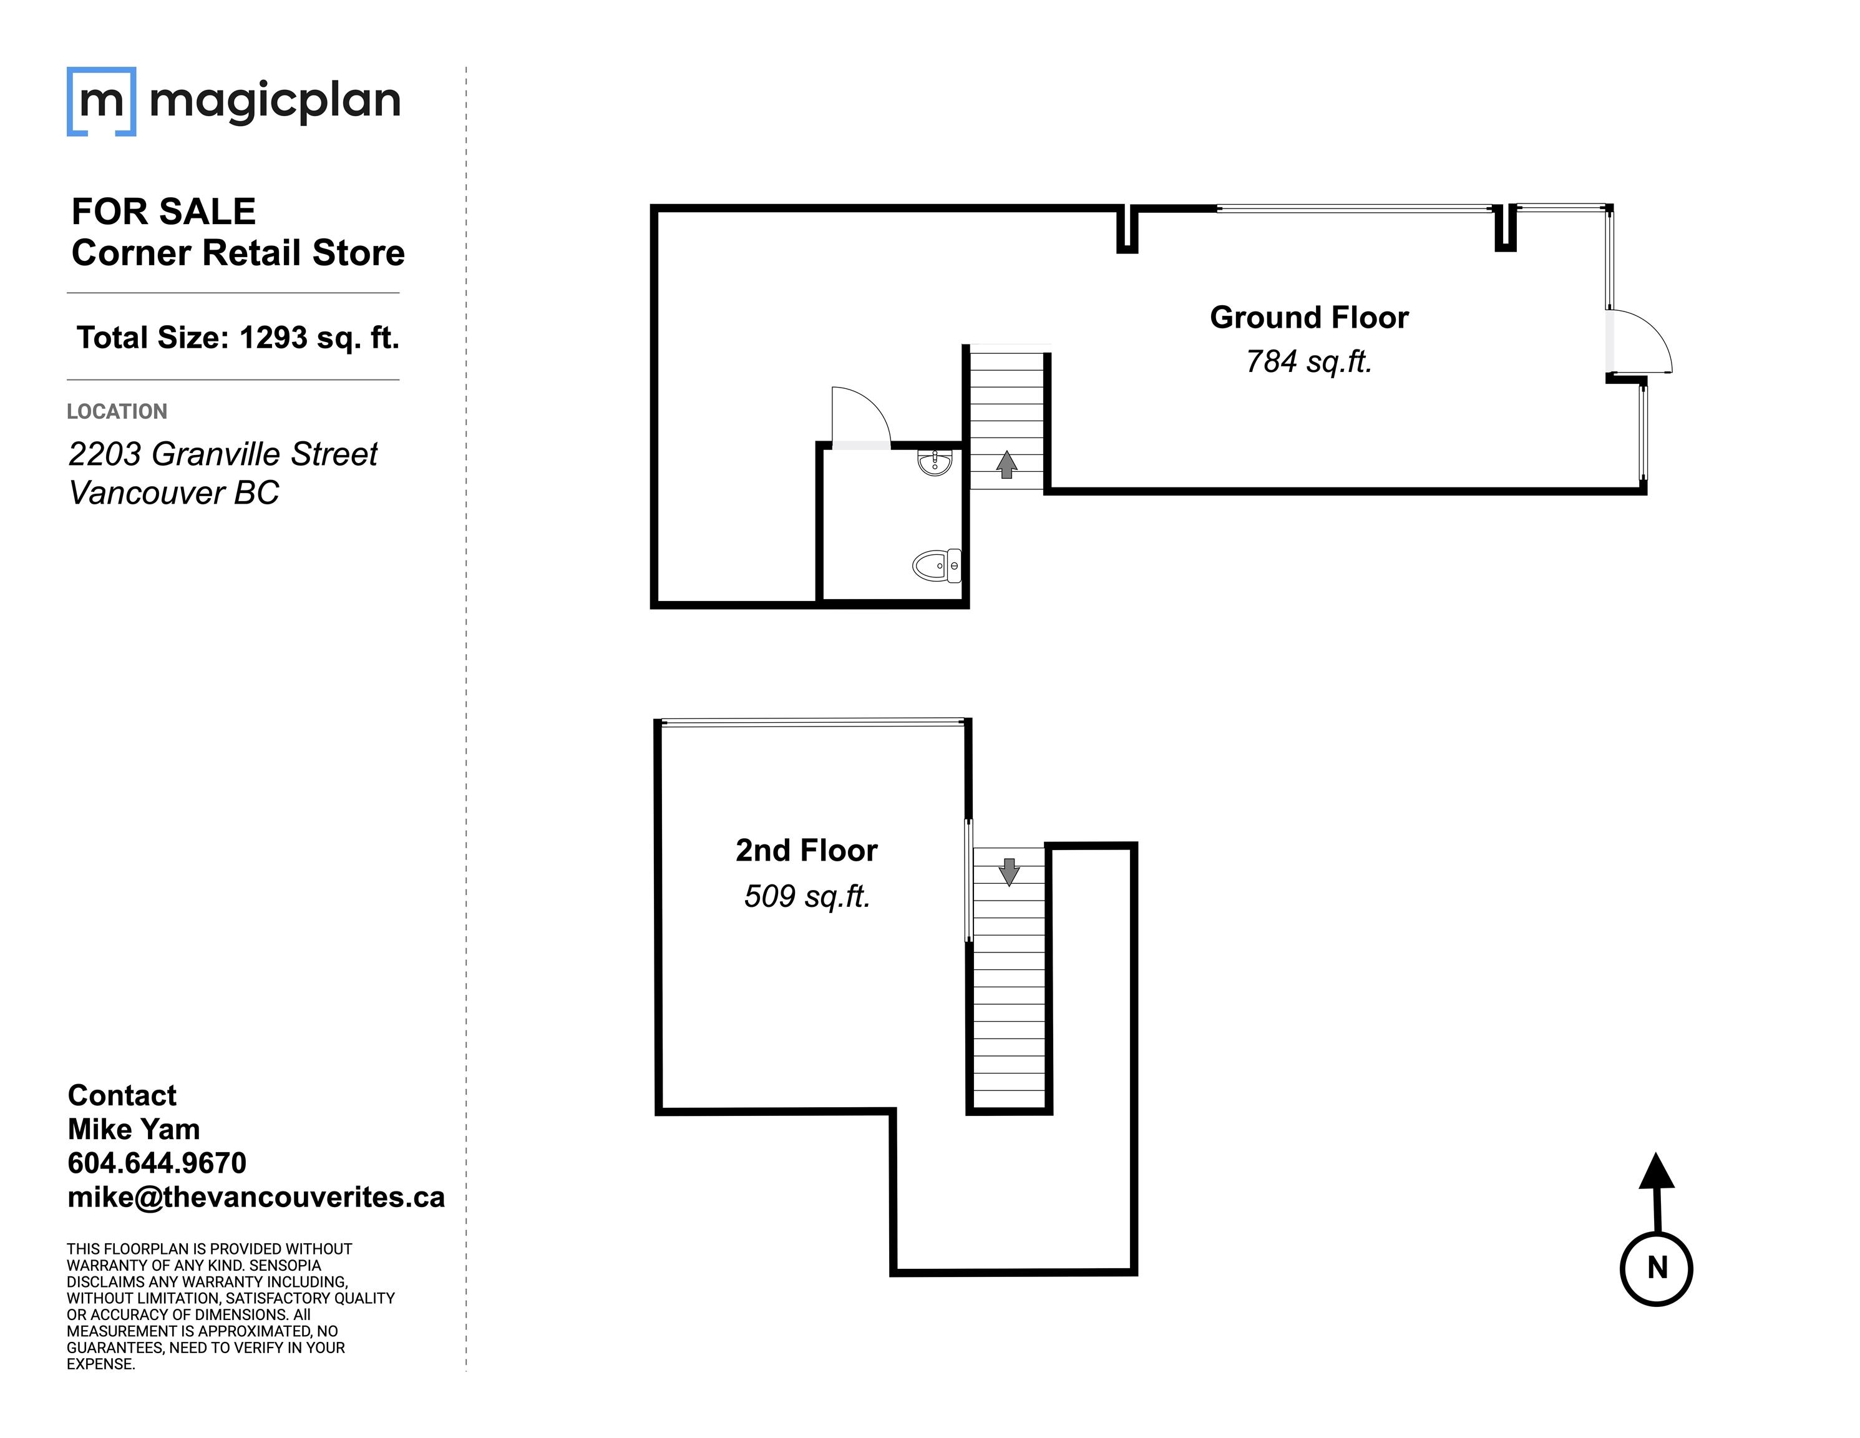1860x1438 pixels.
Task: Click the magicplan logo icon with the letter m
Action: point(101,101)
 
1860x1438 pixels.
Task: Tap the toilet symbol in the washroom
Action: point(937,565)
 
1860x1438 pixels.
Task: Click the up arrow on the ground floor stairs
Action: point(1006,464)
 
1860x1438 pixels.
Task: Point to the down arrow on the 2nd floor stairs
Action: point(1009,871)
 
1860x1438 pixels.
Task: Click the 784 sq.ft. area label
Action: point(1308,362)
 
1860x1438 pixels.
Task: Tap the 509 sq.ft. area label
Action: point(807,896)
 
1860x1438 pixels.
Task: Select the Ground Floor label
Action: point(1309,318)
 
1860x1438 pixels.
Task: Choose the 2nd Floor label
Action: point(807,850)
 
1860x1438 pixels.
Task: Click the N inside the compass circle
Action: point(1657,1268)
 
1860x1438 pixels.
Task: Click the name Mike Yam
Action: point(134,1129)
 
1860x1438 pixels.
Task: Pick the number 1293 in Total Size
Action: point(273,338)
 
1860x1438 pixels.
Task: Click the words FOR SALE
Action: point(163,212)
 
